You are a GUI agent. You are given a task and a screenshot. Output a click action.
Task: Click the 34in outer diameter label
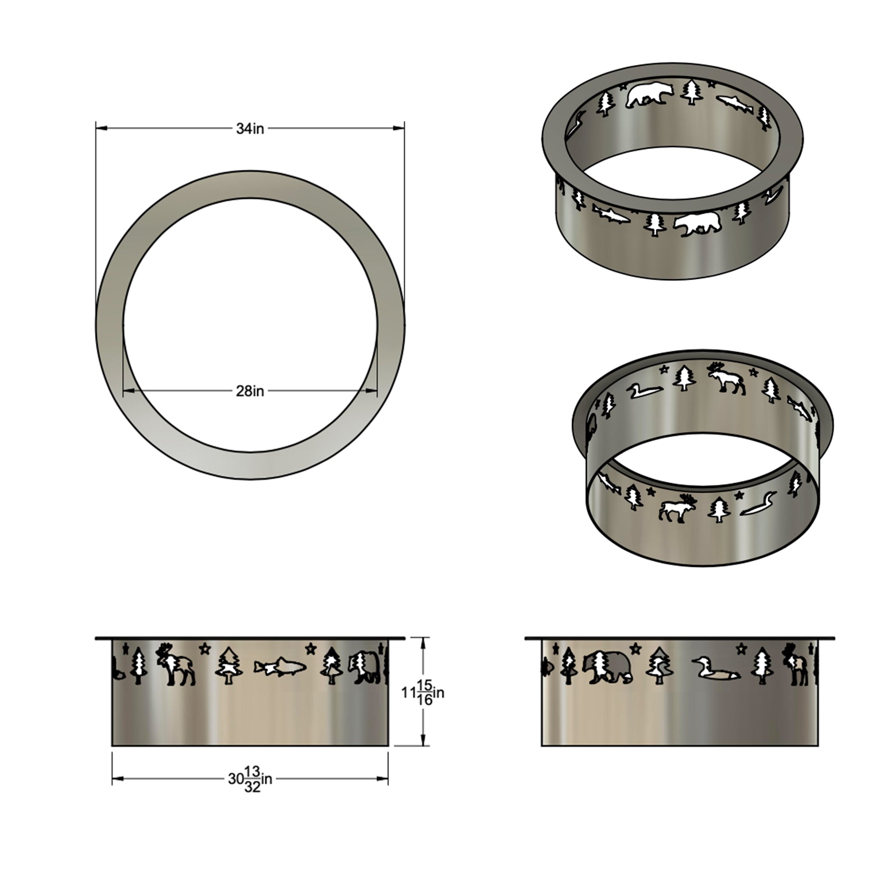pos(250,129)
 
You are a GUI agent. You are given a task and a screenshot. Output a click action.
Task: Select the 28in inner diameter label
pos(250,391)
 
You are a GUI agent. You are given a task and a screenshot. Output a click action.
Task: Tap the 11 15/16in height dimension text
pos(423,692)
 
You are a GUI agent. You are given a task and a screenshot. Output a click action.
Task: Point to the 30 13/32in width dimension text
pos(250,779)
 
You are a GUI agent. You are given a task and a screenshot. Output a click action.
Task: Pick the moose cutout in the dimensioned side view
pos(175,665)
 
